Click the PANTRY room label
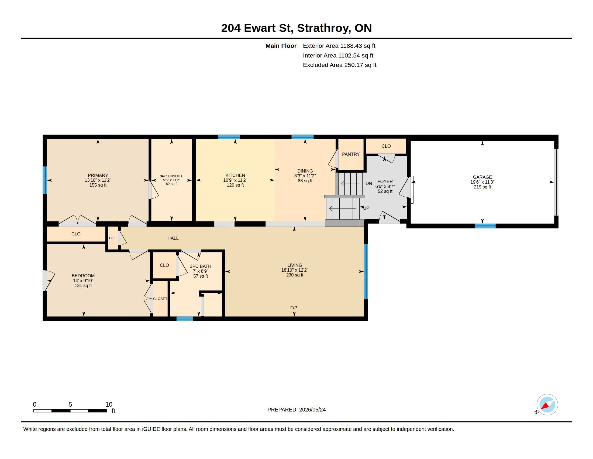[x=350, y=154]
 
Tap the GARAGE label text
[x=482, y=177]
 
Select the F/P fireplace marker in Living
[x=294, y=308]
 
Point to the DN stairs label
[x=369, y=184]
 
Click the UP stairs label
[x=366, y=208]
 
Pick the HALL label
[x=173, y=238]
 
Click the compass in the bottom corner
[x=547, y=405]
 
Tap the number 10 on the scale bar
[x=109, y=404]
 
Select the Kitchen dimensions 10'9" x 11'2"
[x=235, y=180]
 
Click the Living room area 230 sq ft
[x=295, y=275]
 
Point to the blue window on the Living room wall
[x=366, y=271]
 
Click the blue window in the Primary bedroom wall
[x=45, y=180]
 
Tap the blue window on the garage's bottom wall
[x=485, y=226]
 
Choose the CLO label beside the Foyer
[x=386, y=146]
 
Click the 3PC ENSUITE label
[x=172, y=176]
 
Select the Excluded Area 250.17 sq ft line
[x=339, y=65]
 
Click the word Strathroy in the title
[x=323, y=28]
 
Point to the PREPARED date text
[x=296, y=410]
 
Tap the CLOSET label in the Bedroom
[x=160, y=299]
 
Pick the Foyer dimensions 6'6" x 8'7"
[x=385, y=186]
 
